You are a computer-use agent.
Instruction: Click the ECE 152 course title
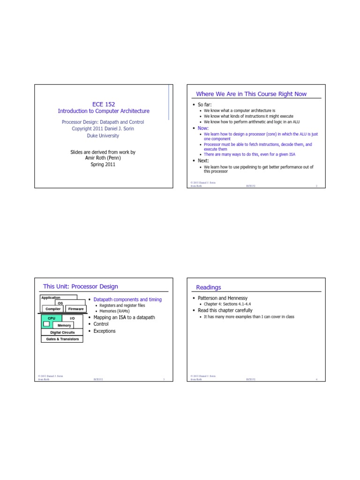pyautogui.click(x=104, y=104)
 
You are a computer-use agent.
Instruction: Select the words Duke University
pyautogui.click(x=103, y=135)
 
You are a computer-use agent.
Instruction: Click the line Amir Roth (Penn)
pyautogui.click(x=103, y=158)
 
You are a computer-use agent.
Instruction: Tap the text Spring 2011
pyautogui.click(x=103, y=165)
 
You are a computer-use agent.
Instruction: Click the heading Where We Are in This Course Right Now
pyautogui.click(x=251, y=94)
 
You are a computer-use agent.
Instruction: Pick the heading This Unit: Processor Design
pyautogui.click(x=81, y=286)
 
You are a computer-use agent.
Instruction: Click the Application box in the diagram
pyautogui.click(x=51, y=297)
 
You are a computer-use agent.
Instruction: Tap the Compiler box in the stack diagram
pyautogui.click(x=53, y=309)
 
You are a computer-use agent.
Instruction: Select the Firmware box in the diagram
pyautogui.click(x=75, y=309)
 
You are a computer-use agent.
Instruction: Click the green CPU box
pyautogui.click(x=52, y=318)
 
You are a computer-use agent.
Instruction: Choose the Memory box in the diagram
pyautogui.click(x=64, y=325)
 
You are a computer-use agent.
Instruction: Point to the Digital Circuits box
pyautogui.click(x=62, y=332)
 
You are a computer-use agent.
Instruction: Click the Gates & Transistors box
pyautogui.click(x=62, y=339)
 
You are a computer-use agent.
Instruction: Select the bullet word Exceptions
pyautogui.click(x=105, y=331)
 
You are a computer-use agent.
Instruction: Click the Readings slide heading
pyautogui.click(x=209, y=287)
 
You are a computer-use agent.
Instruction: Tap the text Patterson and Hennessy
pyautogui.click(x=220, y=298)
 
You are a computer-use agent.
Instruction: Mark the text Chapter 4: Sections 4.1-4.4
pyautogui.click(x=227, y=304)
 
